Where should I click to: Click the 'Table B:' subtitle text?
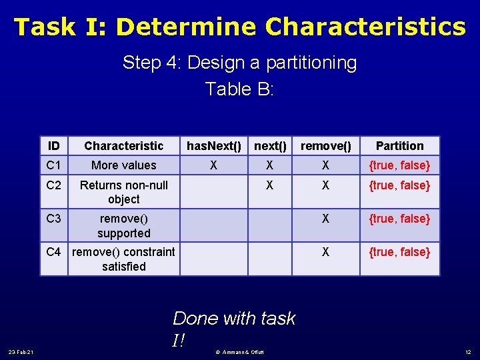239,89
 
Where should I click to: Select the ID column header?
54,146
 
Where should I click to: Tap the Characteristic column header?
123,146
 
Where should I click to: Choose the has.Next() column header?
213,146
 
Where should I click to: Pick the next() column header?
270,146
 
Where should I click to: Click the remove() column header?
325,146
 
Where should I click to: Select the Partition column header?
399,146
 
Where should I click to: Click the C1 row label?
54,165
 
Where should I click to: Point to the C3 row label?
54,219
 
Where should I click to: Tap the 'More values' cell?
123,165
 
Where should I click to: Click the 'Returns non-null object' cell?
123,192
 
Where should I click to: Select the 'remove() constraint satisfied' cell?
123,259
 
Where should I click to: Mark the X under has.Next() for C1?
213,165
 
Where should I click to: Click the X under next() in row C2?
270,185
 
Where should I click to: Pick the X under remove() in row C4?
325,252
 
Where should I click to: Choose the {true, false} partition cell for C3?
399,219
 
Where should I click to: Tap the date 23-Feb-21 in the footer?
25,352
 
